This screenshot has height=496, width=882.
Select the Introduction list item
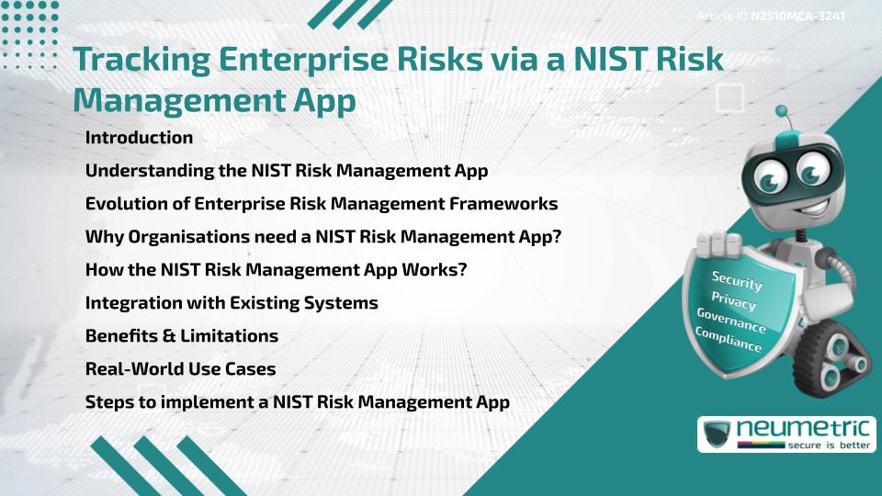pos(139,138)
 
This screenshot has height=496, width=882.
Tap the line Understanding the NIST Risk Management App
pos(286,171)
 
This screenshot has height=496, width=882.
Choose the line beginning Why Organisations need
pos(322,237)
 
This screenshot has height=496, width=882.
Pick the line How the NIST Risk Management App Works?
pos(279,270)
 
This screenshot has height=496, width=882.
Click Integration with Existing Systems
pos(232,303)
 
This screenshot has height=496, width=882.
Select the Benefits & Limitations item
pos(182,336)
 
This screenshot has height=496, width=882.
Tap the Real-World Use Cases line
pos(180,369)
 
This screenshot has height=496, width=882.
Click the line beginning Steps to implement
pos(297,402)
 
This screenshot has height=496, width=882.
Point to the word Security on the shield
pos(737,280)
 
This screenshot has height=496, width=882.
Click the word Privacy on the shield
pos(733,301)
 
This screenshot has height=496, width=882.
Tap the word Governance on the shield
pos(731,321)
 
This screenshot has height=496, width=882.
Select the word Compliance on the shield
pos(729,340)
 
